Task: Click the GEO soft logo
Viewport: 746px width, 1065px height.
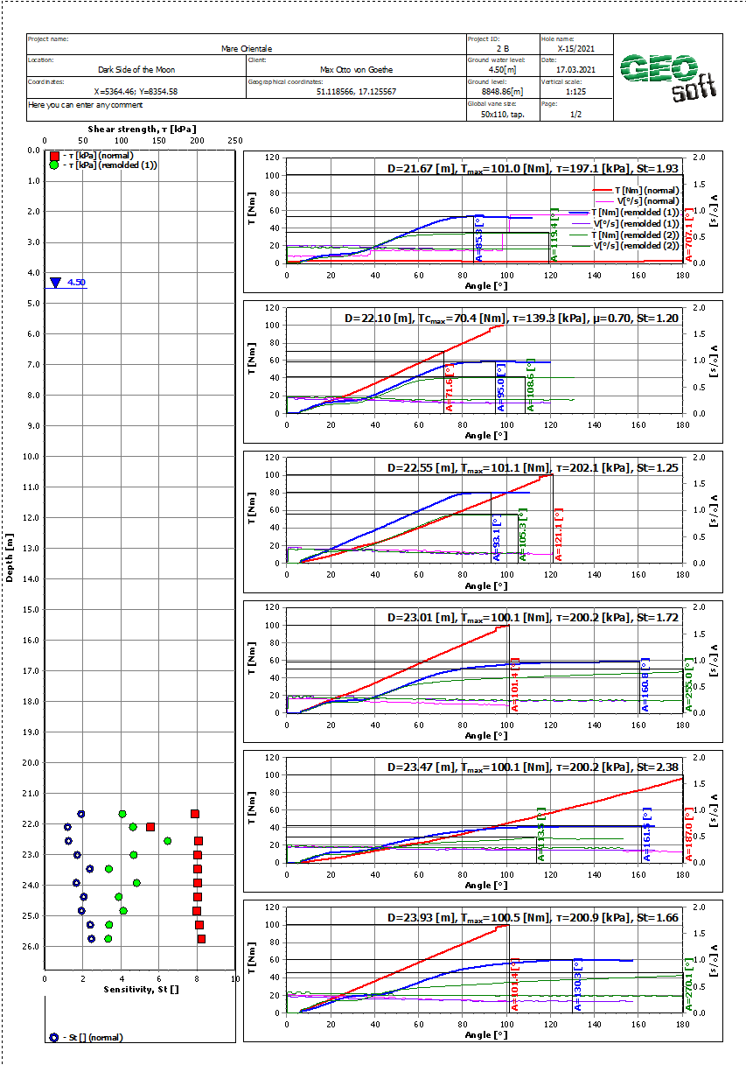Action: pos(668,77)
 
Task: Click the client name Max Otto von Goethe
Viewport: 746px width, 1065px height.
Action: pos(357,70)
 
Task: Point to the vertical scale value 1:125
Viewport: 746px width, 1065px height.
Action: pos(575,91)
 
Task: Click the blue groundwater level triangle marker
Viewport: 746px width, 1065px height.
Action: pos(56,283)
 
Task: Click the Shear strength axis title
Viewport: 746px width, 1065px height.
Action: pos(142,129)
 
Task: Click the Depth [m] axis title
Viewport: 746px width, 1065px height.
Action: pos(10,558)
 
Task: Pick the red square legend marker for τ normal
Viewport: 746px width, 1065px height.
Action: pos(54,155)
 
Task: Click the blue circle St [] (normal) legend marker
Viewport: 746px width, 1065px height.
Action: pos(54,1037)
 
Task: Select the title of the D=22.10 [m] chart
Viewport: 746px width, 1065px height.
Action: pos(510,319)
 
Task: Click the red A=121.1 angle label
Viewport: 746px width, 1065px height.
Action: pos(559,534)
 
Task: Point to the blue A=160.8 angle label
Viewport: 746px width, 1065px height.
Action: pos(645,685)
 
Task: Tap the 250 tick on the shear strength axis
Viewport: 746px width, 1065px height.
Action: pos(234,141)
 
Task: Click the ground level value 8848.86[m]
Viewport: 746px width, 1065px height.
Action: pos(502,91)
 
